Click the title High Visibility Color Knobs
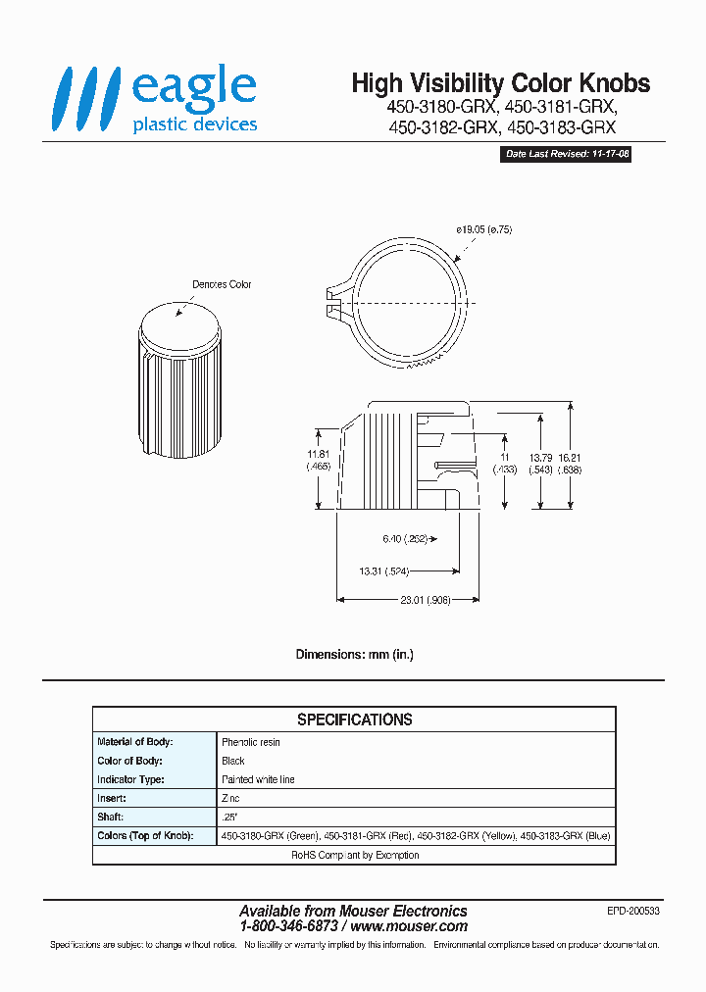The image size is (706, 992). coord(500,84)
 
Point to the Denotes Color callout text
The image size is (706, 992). coord(222,284)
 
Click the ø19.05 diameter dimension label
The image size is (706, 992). coord(484,228)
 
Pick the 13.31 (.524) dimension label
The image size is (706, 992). coord(384,570)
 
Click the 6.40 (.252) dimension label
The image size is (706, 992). coord(402,538)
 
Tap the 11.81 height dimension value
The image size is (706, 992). coord(318,455)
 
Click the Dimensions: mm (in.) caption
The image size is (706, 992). coord(354,654)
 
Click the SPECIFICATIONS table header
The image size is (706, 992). coord(354,719)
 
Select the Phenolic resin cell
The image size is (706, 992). coord(251,742)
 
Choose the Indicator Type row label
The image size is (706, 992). coord(130,779)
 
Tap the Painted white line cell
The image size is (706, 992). coord(258,779)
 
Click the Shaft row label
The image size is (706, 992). coord(111,817)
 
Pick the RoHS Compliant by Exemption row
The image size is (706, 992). coord(354,855)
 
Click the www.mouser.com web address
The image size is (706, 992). coord(409,926)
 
